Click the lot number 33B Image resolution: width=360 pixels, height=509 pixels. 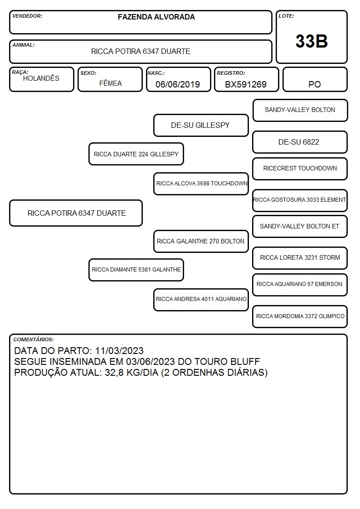(311, 41)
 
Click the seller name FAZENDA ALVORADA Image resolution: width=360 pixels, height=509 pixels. (156, 17)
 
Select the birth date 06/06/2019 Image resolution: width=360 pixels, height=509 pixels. (178, 84)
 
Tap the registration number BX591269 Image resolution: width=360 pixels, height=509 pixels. (246, 84)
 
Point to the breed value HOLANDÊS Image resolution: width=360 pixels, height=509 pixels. (41, 78)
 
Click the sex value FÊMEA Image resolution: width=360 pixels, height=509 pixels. (110, 83)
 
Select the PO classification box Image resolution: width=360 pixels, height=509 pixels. (315, 79)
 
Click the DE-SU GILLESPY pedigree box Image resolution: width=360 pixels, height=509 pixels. (201, 125)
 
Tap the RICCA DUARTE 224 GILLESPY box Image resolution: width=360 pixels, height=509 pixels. (136, 154)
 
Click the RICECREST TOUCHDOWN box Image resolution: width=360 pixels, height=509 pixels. (300, 169)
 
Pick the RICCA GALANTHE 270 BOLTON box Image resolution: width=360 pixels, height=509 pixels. (201, 241)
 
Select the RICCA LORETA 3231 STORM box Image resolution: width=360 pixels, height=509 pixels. (300, 258)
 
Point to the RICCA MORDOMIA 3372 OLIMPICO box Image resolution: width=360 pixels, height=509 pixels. (300, 316)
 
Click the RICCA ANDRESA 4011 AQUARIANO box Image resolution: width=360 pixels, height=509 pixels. (201, 300)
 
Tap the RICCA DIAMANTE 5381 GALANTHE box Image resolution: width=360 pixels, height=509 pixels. (136, 270)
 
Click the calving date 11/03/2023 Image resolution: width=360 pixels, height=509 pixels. (119, 350)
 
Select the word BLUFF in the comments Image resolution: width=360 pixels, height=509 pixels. (245, 362)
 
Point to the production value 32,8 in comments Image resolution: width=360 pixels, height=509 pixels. (114, 373)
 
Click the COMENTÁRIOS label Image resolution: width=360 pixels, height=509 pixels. (34, 339)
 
